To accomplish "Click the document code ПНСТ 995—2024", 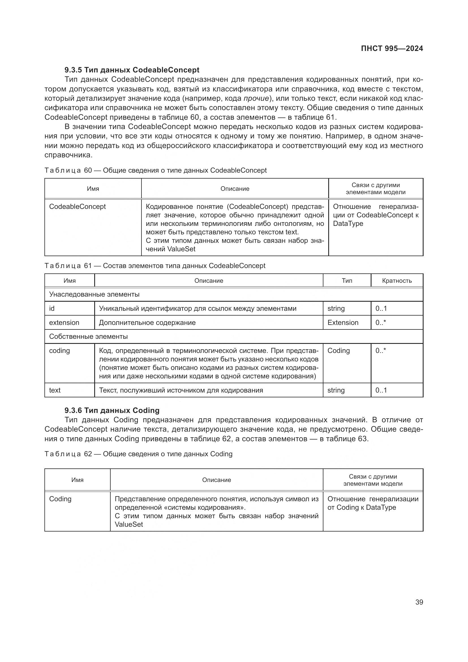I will (392, 48).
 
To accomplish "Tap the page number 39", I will (419, 602).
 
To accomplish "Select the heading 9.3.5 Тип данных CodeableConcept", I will (132, 70).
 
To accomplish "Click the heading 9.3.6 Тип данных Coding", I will (112, 410).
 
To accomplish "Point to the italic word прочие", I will (256, 98).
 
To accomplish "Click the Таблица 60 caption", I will (155, 170).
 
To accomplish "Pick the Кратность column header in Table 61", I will (396, 280).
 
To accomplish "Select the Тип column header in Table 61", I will (347, 280).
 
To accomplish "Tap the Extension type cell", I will (343, 323).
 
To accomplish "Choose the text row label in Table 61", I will (55, 390).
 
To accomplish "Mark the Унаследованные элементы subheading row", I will (94, 294).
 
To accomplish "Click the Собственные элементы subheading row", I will (88, 337).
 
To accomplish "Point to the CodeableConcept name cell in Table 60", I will (77, 207).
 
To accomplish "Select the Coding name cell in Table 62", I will (60, 499).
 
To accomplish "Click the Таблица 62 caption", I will (138, 454).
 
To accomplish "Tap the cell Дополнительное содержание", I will (147, 323).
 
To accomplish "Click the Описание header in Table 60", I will (235, 188).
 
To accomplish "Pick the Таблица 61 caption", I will (155, 265).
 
